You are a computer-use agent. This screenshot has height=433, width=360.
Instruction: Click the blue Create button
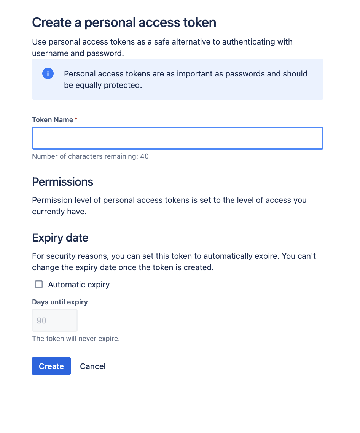point(51,366)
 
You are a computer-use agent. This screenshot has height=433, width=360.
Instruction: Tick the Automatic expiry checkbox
point(39,284)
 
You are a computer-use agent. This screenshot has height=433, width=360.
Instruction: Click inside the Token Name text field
point(177,138)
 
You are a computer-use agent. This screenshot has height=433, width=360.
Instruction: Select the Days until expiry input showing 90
point(54,320)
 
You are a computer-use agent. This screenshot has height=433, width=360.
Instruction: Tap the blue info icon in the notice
point(48,73)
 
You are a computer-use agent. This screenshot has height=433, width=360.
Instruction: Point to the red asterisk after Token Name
point(76,119)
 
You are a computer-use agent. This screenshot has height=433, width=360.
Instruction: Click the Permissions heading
point(62,182)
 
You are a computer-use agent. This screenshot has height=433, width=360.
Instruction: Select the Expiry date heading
point(60,238)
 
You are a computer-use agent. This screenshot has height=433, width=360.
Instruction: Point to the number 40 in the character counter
point(144,156)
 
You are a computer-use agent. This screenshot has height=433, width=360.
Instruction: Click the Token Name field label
point(53,120)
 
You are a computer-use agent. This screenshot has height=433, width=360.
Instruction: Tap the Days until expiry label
point(60,302)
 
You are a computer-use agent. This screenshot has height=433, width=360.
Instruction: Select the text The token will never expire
point(76,338)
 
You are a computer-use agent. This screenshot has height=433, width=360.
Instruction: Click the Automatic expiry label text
point(79,285)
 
